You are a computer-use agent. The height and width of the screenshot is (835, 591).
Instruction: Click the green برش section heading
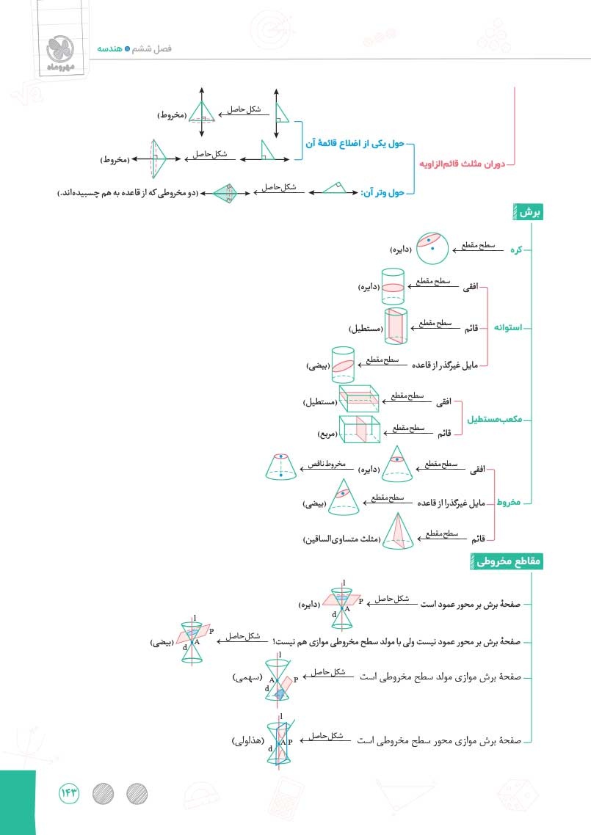coord(528,213)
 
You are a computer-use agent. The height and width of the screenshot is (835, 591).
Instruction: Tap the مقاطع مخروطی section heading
coord(507,561)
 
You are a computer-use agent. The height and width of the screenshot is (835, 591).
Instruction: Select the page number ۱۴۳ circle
coord(69,793)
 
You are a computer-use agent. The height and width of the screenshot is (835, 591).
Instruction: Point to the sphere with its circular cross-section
coord(432,247)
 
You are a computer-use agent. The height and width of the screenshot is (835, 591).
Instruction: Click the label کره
coord(516,249)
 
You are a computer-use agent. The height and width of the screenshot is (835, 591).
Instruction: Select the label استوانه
coord(508,327)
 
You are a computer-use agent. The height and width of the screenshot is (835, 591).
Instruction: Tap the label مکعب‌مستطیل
coord(495,419)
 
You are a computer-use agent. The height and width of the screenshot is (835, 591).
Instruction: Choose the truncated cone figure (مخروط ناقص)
coord(281,467)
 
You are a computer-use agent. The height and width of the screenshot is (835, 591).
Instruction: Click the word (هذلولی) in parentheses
coord(248,741)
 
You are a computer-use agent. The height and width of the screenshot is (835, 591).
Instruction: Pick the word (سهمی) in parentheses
coord(247,677)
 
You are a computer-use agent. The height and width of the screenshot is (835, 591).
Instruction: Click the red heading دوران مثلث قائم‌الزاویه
coord(462,164)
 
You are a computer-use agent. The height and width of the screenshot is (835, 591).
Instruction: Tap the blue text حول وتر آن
coord(382,192)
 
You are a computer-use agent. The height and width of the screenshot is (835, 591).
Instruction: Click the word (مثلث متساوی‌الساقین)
coord(342,539)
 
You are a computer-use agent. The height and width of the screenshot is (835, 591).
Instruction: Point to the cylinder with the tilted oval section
coord(343,365)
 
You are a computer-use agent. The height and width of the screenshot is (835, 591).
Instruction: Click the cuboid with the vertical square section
coord(360,429)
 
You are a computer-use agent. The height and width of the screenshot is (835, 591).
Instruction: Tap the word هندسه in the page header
coord(110,48)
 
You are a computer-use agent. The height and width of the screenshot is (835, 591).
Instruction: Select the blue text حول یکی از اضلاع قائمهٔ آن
coord(355,143)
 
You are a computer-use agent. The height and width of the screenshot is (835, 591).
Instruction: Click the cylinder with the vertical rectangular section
coord(396,326)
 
